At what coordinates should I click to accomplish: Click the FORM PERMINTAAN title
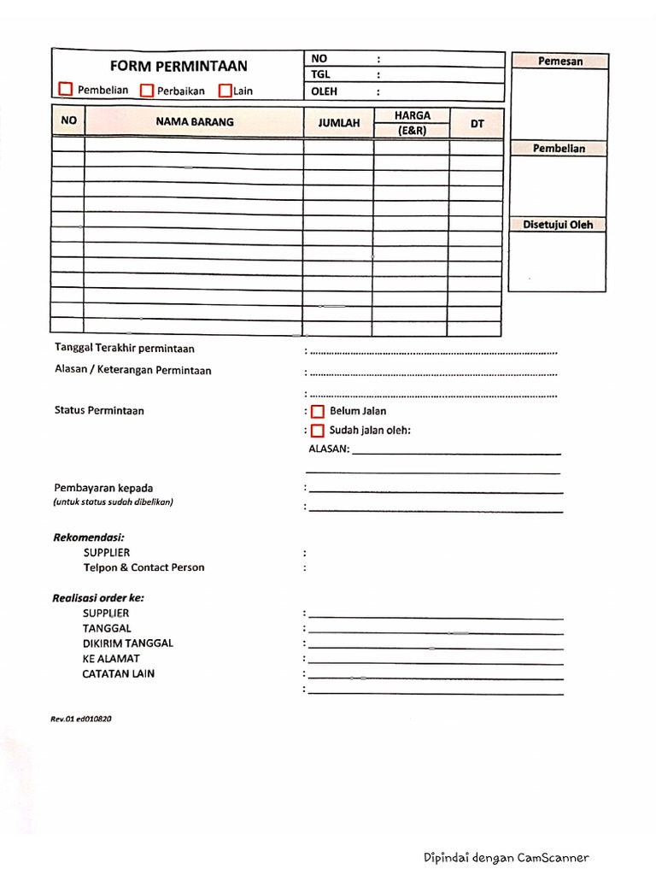(x=178, y=66)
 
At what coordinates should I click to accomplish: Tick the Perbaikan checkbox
(x=146, y=90)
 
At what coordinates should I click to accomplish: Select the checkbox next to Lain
(x=225, y=90)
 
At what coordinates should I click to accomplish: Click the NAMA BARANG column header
(x=195, y=122)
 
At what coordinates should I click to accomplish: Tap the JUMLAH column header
(x=339, y=123)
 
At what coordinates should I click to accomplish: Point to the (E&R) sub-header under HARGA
(x=412, y=131)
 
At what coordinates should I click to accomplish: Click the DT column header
(x=477, y=124)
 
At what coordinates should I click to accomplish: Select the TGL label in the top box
(x=320, y=75)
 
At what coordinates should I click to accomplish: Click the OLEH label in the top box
(x=325, y=91)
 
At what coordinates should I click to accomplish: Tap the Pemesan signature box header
(x=560, y=62)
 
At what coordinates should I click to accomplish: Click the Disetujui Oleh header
(x=558, y=226)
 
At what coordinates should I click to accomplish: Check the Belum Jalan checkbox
(x=317, y=412)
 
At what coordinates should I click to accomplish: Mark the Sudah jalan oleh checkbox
(x=317, y=431)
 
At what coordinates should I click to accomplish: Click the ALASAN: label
(x=328, y=449)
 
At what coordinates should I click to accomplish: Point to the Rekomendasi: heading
(x=88, y=537)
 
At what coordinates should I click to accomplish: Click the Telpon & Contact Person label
(x=143, y=567)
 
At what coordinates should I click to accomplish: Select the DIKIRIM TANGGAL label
(x=127, y=643)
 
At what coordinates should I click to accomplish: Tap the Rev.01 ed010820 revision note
(x=81, y=719)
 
